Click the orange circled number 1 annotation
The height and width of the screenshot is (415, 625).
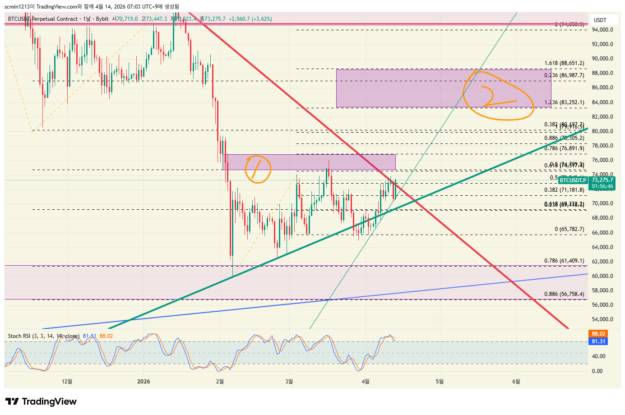tap(258, 169)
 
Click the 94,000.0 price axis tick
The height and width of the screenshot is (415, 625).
tap(602, 30)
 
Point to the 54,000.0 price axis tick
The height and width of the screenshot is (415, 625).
tap(602, 319)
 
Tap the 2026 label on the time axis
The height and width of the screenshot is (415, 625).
tap(144, 382)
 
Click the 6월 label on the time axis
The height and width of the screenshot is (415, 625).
tap(516, 382)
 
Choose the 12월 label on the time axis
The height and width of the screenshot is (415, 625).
tap(67, 382)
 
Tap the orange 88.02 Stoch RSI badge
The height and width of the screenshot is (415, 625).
tap(598, 334)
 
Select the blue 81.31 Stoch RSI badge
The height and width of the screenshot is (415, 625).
tap(598, 341)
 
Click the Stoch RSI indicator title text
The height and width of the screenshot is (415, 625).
tap(43, 336)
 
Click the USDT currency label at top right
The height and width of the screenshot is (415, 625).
tap(600, 20)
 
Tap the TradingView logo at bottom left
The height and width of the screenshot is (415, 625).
tap(41, 401)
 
